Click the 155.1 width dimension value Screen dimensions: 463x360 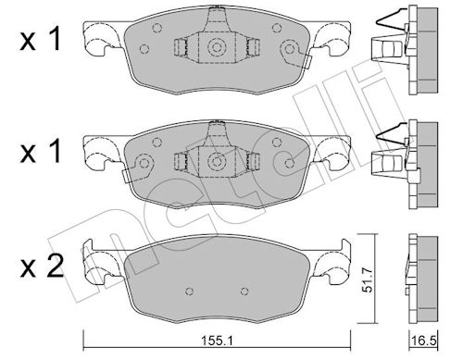click(218, 341)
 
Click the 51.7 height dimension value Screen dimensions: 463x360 click(369, 279)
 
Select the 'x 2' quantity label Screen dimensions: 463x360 click(42, 266)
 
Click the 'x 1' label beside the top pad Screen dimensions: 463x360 click(40, 41)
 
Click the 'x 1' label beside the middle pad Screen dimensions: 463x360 click(40, 152)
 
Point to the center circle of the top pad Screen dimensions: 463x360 click(217, 47)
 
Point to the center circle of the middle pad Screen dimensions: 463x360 click(217, 161)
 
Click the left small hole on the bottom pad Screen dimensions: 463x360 click(190, 291)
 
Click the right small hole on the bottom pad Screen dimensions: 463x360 click(244, 291)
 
